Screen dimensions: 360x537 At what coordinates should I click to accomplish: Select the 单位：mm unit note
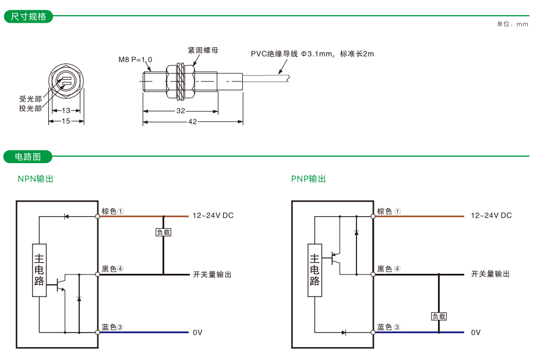pos(512,24)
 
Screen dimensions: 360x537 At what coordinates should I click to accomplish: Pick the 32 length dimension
pos(181,111)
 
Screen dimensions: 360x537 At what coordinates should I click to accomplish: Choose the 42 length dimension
pos(192,122)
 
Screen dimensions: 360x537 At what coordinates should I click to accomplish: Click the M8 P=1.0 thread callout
pos(135,59)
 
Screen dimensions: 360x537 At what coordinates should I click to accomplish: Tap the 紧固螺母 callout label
pos(203,51)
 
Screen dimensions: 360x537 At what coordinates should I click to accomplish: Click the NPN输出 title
pos(36,179)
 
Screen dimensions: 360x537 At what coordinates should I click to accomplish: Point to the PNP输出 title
pos(309,179)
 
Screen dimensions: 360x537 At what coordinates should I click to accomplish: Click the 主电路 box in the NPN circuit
pos(40,270)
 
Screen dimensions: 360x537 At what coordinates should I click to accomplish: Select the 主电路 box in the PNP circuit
pos(315,270)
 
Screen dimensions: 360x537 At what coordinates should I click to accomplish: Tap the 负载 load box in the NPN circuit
pos(163,232)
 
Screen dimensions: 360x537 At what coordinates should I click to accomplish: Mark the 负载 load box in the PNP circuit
pos(439,316)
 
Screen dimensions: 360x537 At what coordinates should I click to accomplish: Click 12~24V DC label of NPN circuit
pos(213,216)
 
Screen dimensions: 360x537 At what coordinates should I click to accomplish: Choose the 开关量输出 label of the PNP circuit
pos(490,274)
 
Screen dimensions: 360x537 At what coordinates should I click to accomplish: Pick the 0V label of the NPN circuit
pos(197,332)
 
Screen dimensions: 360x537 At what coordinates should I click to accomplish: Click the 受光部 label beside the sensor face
pos(30,99)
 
